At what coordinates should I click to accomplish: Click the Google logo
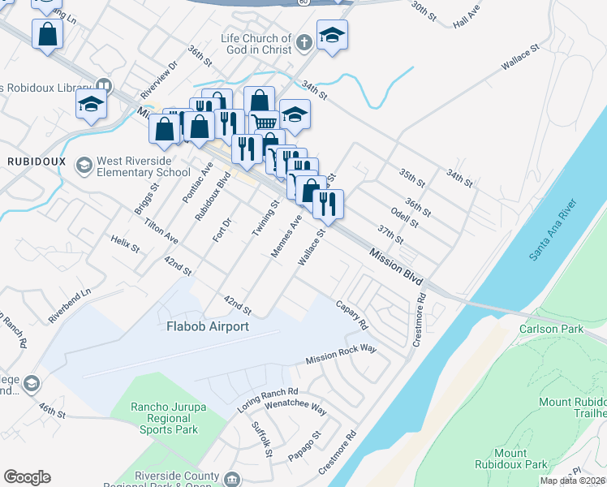point(27,476)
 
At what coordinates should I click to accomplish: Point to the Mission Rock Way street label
point(341,354)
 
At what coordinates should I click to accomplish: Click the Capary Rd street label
point(352,314)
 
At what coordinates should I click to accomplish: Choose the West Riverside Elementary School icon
point(84,166)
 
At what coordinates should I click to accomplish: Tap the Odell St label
point(403,217)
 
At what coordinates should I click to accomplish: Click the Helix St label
point(126,245)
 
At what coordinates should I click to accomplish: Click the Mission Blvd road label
point(396,265)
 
